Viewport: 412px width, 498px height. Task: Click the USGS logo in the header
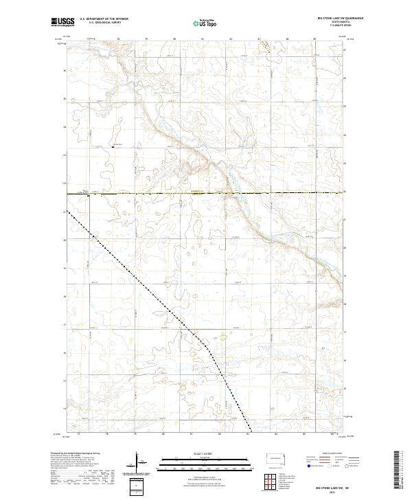click(63, 23)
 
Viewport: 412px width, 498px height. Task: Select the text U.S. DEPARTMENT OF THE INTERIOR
click(104, 19)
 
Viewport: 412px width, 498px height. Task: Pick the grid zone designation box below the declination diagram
click(137, 485)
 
